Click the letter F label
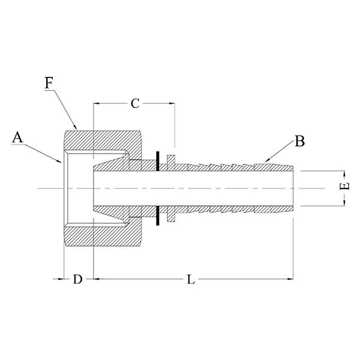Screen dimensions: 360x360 (49, 83)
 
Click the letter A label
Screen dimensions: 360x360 (17, 137)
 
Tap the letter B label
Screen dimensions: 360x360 (299, 141)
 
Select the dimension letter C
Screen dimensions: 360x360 (135, 104)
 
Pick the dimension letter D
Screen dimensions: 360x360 (77, 279)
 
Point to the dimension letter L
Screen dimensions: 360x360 (191, 279)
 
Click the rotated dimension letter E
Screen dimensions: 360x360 (344, 186)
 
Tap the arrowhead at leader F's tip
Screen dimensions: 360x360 (75, 127)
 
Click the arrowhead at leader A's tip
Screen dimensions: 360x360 (59, 160)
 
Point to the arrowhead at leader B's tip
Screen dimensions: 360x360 (267, 160)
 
